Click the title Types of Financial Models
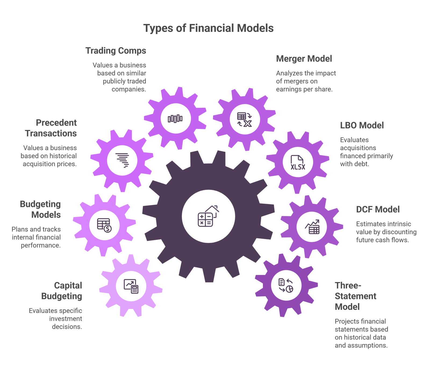coord(208,28)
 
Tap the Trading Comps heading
coord(116,51)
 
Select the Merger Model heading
coord(304,59)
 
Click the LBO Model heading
coord(362,125)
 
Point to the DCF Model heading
coord(378,210)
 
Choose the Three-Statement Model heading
coord(355,296)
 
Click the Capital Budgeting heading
coord(62,291)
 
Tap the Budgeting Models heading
coord(40,210)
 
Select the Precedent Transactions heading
coord(51,128)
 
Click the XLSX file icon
coord(298,163)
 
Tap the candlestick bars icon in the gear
coord(175,118)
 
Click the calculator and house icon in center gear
coord(208,216)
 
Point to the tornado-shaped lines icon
coord(122,160)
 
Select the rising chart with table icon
coord(312,227)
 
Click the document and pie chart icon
coord(286,285)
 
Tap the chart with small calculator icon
coord(131,286)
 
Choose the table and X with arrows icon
coord(244,120)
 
